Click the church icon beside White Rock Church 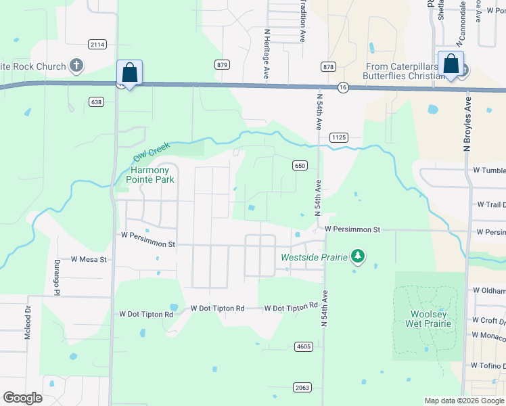pyautogui.click(x=76, y=66)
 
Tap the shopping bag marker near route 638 pyautogui.click(x=129, y=72)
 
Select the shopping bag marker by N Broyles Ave pyautogui.click(x=449, y=64)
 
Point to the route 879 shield pyautogui.click(x=222, y=64)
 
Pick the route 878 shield pyautogui.click(x=329, y=66)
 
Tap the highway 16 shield pyautogui.click(x=344, y=87)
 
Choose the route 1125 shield pyautogui.click(x=339, y=137)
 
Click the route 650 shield pyautogui.click(x=300, y=165)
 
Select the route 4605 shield pyautogui.click(x=303, y=346)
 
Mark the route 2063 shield pyautogui.click(x=302, y=387)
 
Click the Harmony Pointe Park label pyautogui.click(x=150, y=175)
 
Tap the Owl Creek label pyautogui.click(x=149, y=150)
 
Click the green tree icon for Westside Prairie pyautogui.click(x=358, y=257)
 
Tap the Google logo pyautogui.click(x=23, y=398)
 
